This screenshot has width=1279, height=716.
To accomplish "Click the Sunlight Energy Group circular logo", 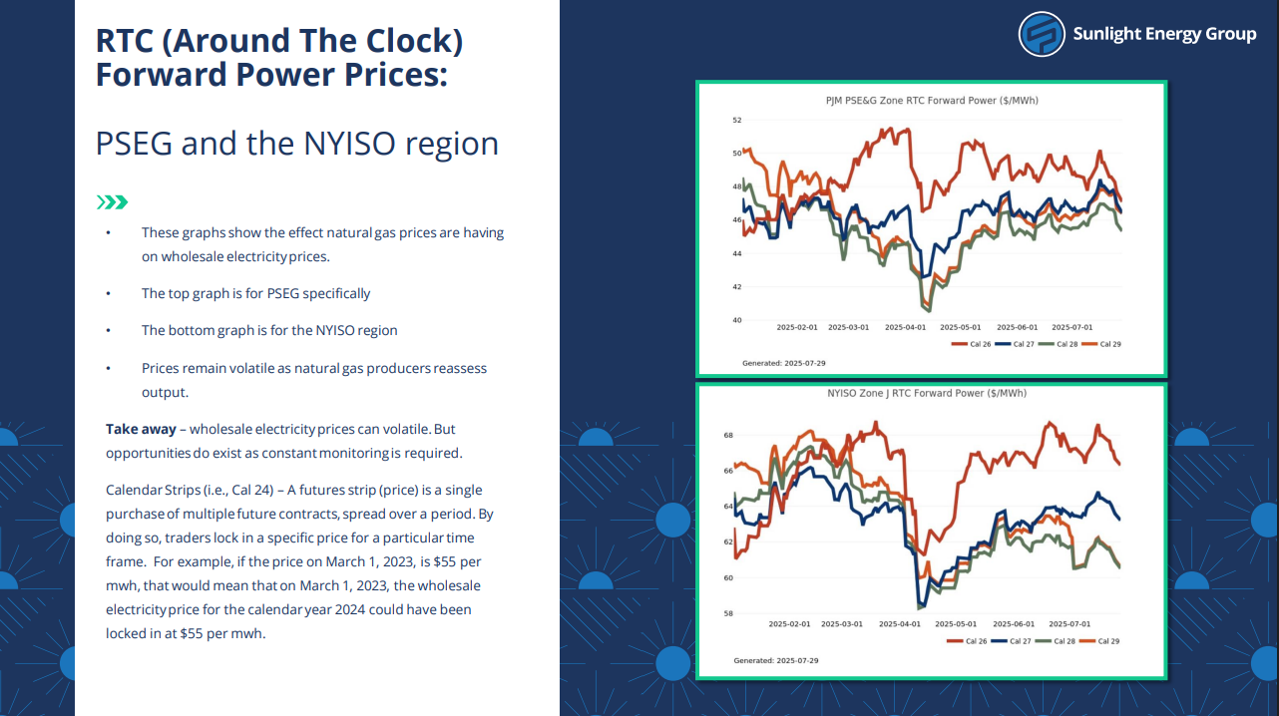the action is tap(1042, 34).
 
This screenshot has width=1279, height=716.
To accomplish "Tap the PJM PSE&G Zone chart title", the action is tap(932, 101).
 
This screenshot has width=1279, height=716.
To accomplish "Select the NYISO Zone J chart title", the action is tap(927, 393).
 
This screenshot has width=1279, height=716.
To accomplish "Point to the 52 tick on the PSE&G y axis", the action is tap(736, 120).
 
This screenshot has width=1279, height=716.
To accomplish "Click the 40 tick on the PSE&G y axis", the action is tap(736, 320).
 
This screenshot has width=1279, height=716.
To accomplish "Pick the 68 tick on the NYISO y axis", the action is tap(728, 436).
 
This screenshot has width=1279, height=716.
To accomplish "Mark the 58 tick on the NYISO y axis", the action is tap(728, 614).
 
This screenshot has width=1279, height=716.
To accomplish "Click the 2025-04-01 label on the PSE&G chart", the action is tap(905, 327).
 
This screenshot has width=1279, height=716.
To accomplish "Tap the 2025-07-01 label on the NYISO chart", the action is tap(1069, 624).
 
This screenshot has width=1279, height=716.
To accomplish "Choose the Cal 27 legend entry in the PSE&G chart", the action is tap(1015, 344).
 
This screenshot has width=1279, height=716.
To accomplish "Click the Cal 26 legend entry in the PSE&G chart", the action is tap(972, 344).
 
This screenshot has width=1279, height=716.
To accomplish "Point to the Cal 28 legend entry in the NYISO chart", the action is tap(1056, 641).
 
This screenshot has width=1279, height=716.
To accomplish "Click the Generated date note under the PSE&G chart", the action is tap(783, 363).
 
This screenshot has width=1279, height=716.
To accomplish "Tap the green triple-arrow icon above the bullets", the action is tap(112, 202).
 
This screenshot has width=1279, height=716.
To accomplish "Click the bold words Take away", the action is tap(141, 429).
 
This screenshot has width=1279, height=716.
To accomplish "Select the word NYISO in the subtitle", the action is tap(349, 144).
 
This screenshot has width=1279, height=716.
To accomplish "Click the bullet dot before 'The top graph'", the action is tap(108, 294).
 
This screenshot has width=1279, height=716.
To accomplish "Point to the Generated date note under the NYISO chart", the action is tap(775, 661).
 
